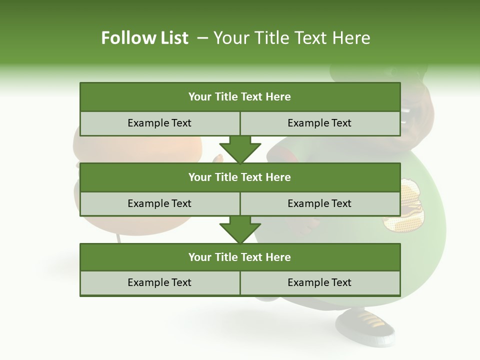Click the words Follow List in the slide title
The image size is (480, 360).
(x=144, y=38)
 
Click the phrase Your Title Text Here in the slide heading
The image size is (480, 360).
(x=291, y=38)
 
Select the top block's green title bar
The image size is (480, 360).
(x=240, y=97)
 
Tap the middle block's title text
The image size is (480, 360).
(x=240, y=177)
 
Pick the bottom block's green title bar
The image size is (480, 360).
(x=240, y=257)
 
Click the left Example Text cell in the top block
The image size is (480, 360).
(x=159, y=123)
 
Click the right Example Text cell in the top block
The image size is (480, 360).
(x=319, y=123)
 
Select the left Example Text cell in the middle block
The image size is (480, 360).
(x=159, y=203)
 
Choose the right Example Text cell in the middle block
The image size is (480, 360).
(x=319, y=203)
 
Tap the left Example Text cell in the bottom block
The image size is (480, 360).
(x=159, y=282)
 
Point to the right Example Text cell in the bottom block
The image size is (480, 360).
(x=319, y=282)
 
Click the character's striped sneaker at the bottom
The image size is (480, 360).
(x=365, y=325)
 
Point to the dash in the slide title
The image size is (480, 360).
(x=202, y=38)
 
